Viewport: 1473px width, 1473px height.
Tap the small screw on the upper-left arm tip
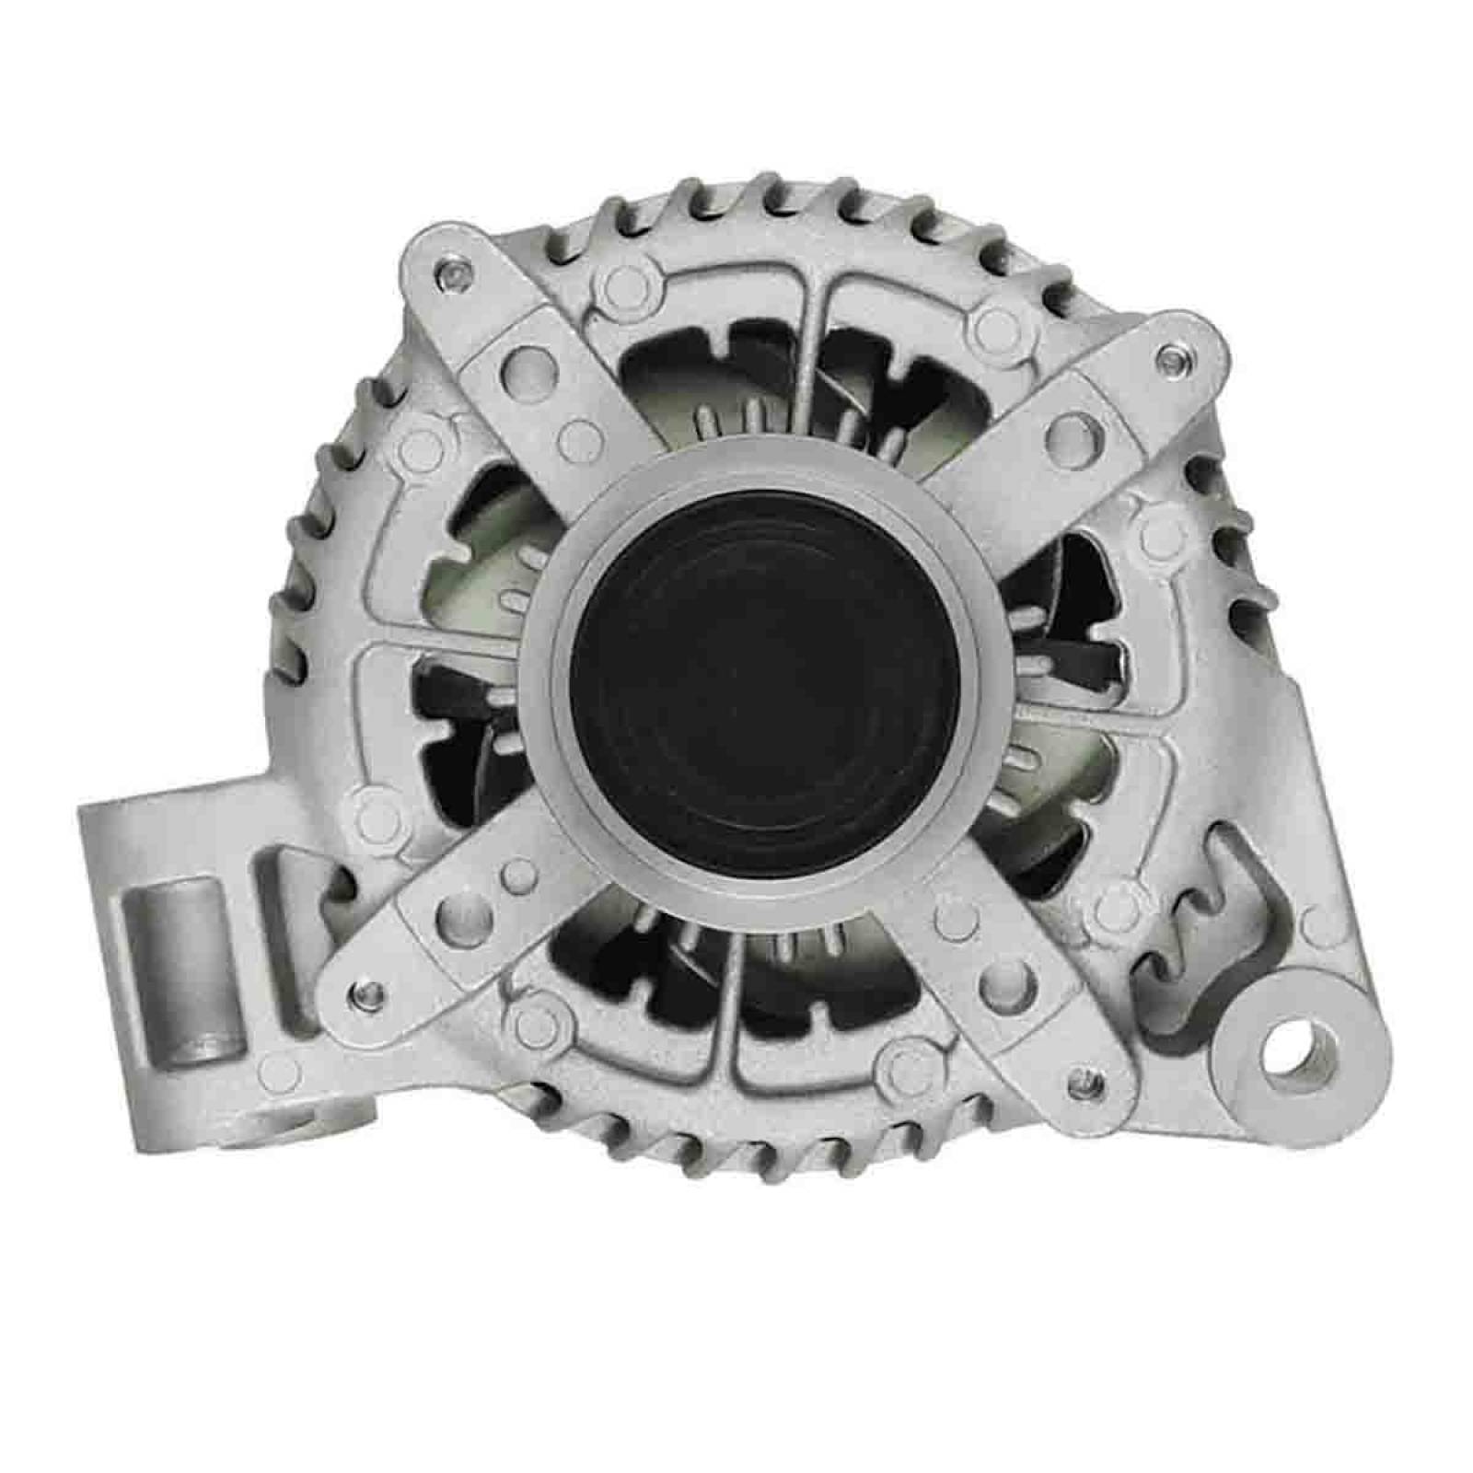click(x=450, y=273)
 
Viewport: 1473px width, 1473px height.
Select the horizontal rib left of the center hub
click(x=442, y=641)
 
